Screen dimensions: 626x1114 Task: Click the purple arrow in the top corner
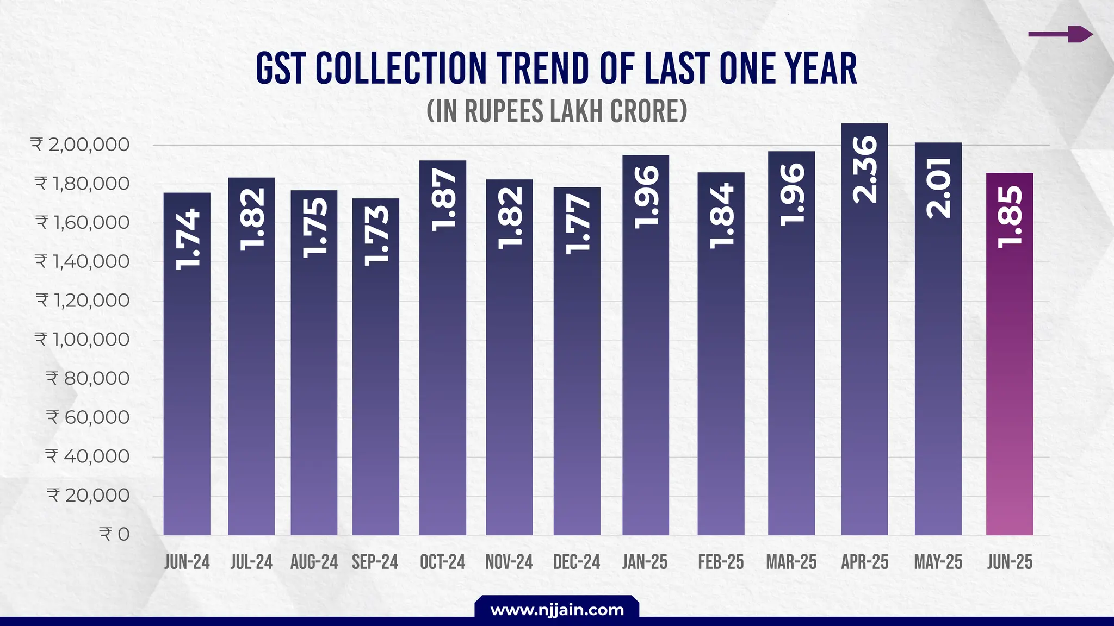1061,34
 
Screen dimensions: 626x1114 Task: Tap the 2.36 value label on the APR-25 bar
864,170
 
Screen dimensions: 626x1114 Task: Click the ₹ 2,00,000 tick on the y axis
81,145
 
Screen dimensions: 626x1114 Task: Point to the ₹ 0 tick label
114,534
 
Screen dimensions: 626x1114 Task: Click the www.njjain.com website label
557,610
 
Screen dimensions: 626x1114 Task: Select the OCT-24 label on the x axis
442,562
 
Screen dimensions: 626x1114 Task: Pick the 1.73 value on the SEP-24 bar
376,235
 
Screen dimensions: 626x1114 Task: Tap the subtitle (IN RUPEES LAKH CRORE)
557,111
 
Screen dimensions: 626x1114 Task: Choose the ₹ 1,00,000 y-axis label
82,340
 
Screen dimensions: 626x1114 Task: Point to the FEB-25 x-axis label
721,562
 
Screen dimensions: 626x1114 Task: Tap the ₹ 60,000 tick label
88,417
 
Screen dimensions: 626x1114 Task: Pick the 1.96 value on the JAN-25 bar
646,197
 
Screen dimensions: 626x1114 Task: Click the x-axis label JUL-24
251,562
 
